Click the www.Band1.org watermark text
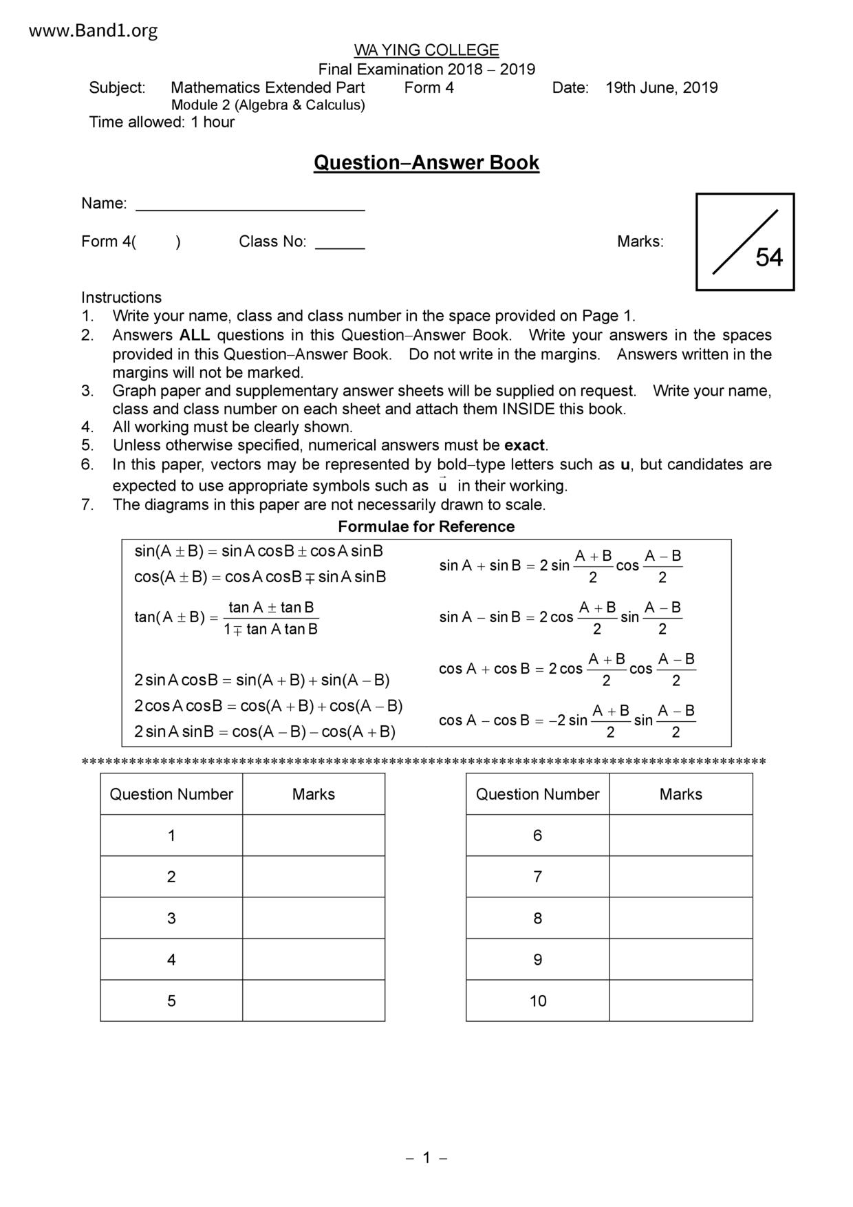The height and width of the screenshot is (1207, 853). [x=94, y=30]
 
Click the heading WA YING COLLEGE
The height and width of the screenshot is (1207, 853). [x=426, y=50]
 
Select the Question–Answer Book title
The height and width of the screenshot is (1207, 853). [x=426, y=163]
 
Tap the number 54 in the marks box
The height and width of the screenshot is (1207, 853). [x=769, y=257]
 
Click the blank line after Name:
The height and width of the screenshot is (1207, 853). [x=250, y=205]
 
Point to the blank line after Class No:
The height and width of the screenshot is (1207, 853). [x=340, y=243]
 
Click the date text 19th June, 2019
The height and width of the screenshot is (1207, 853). [x=661, y=88]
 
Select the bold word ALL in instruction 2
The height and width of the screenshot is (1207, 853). [x=194, y=335]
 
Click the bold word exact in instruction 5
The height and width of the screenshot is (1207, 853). [x=524, y=445]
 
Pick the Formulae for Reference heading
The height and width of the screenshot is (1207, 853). [x=426, y=526]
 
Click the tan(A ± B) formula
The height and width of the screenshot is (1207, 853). [x=226, y=617]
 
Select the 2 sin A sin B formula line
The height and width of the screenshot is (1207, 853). [x=265, y=731]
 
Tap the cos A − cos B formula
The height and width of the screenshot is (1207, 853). [x=567, y=720]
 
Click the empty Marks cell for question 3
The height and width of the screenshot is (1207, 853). [x=314, y=918]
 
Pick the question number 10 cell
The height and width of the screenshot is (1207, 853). [x=538, y=1001]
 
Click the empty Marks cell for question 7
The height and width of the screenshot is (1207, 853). [x=681, y=877]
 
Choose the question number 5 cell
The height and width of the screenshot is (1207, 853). [x=171, y=1001]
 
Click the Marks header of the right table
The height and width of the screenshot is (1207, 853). [x=681, y=794]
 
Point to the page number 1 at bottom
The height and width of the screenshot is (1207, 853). [x=426, y=1157]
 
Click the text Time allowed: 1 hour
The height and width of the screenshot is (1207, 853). [x=162, y=122]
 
